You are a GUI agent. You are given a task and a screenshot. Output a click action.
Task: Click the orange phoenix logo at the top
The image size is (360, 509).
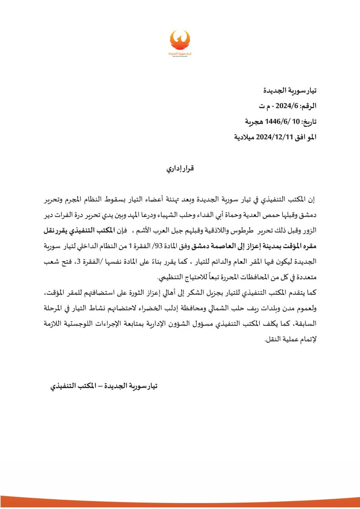pyautogui.click(x=180, y=42)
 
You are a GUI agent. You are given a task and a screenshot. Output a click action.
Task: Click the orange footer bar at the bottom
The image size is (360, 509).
pyautogui.click(x=180, y=506)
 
